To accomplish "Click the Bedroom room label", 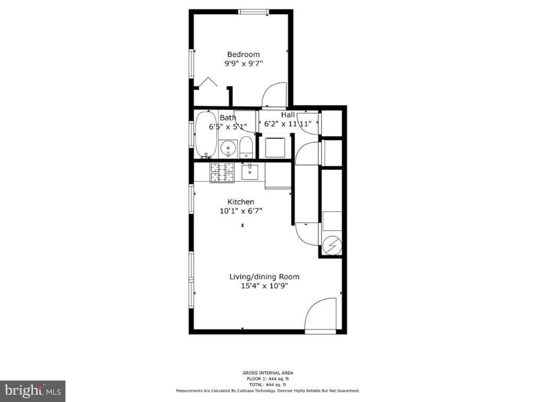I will [x=243, y=54].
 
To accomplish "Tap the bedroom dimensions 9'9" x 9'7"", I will [x=243, y=63].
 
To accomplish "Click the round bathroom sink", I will [x=228, y=149].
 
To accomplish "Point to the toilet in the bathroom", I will [x=246, y=148].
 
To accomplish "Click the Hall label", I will [x=288, y=115].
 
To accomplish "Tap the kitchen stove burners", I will [x=222, y=172].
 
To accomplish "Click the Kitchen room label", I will [x=241, y=202].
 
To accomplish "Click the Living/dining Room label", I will [x=264, y=277].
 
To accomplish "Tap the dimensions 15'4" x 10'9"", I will [x=264, y=286].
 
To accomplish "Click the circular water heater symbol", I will [x=331, y=245].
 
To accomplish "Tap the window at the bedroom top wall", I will [x=254, y=12].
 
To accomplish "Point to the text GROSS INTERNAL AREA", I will [x=267, y=373].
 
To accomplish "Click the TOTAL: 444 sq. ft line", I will [x=267, y=384].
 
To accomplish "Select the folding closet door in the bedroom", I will [x=206, y=83].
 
